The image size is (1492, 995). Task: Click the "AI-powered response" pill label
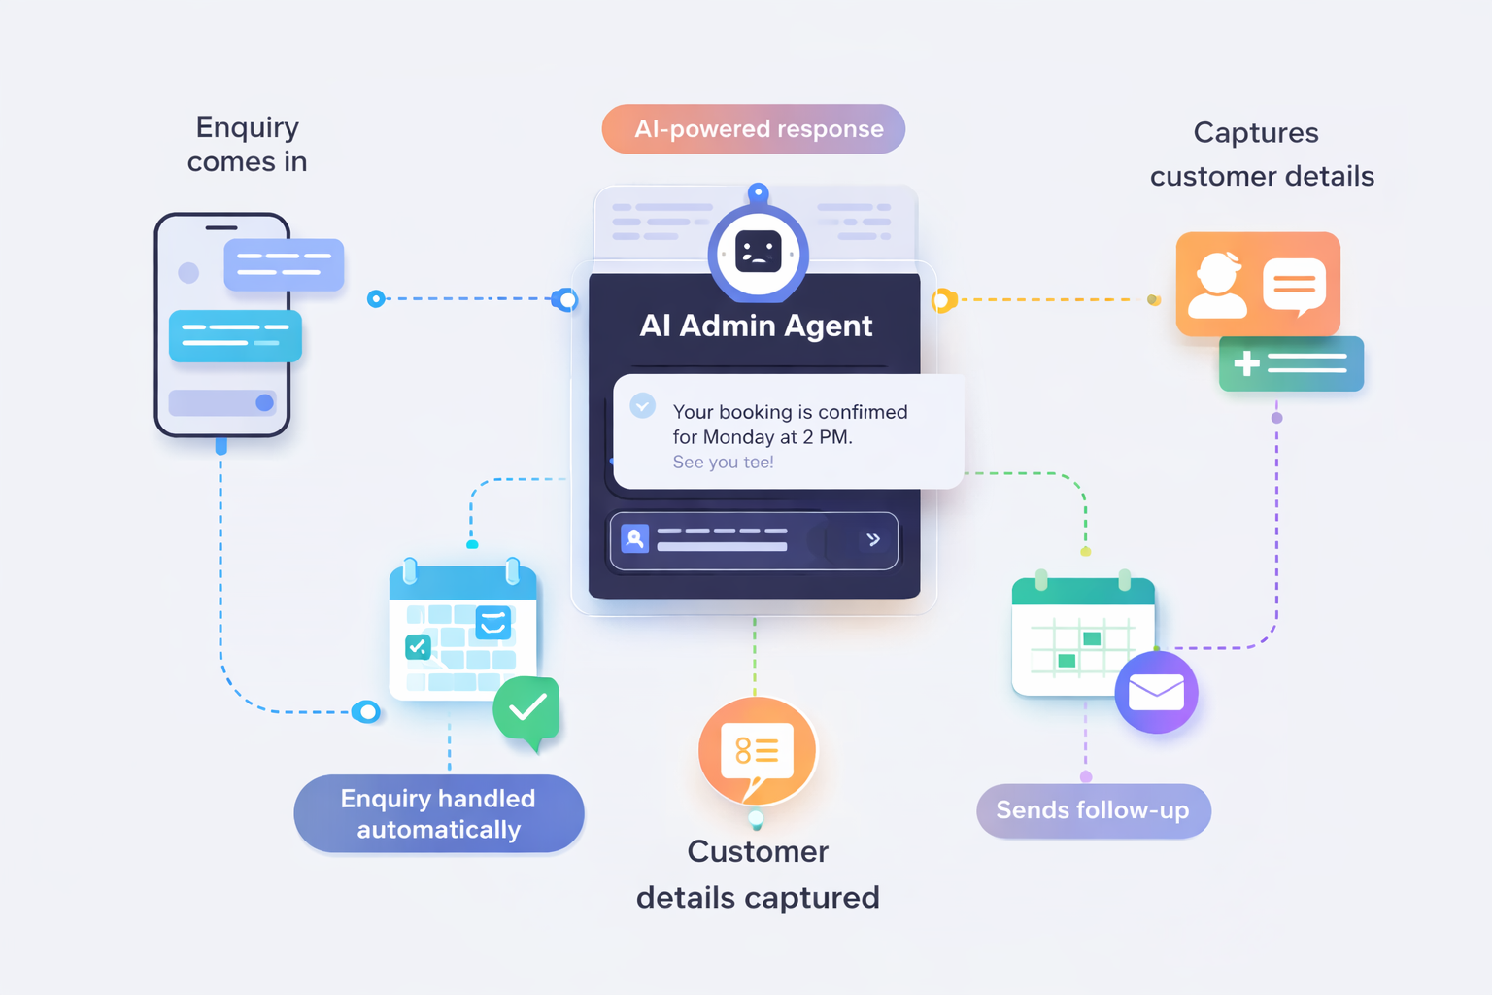(754, 129)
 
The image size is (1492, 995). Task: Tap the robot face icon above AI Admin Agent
(758, 252)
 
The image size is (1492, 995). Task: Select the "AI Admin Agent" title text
(756, 326)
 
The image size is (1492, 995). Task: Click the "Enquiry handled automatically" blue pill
(439, 813)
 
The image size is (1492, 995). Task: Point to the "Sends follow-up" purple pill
(1093, 810)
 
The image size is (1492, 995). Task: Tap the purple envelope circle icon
(1156, 692)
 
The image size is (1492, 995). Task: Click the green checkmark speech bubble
(527, 709)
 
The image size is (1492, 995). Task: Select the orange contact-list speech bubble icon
(757, 751)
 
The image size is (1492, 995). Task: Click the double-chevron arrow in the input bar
(873, 539)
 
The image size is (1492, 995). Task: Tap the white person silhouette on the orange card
(1217, 286)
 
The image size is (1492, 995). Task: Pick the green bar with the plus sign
(1291, 363)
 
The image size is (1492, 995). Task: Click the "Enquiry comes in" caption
(247, 144)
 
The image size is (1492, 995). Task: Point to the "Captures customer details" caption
(1261, 154)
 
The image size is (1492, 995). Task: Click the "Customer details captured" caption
(758, 875)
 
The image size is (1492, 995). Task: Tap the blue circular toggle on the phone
(264, 402)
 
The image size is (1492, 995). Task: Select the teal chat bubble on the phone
(235, 336)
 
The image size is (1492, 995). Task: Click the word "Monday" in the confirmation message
(738, 437)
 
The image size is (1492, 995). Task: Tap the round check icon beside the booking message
(643, 405)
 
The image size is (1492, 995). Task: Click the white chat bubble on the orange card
(1294, 286)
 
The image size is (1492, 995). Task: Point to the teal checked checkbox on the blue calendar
(418, 647)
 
